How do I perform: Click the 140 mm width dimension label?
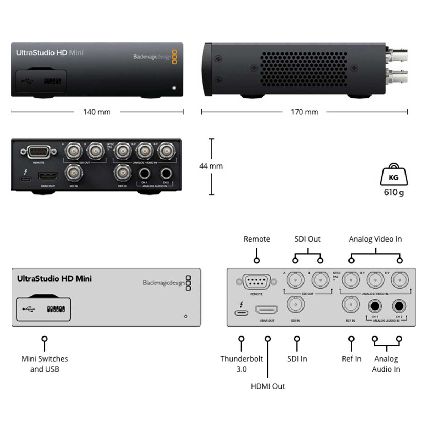click(x=97, y=112)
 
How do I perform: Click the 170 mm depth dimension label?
click(x=304, y=112)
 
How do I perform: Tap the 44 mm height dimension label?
click(x=211, y=166)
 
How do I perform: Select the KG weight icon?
click(x=393, y=175)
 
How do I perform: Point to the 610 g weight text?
click(x=393, y=192)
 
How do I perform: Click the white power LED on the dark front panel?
click(x=174, y=87)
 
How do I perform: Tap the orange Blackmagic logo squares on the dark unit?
click(x=174, y=57)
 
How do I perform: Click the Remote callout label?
click(x=256, y=239)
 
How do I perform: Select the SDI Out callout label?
click(x=307, y=239)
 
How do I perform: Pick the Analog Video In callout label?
click(x=375, y=239)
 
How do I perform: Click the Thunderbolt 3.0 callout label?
click(x=242, y=364)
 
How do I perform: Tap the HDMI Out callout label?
click(x=267, y=386)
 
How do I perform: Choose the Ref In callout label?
click(x=351, y=359)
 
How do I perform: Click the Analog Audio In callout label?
click(x=386, y=364)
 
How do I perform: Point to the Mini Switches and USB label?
click(x=45, y=364)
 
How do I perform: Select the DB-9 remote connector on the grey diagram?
click(x=256, y=282)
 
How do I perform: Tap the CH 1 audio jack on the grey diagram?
click(x=375, y=306)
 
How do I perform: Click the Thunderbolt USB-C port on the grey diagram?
click(x=242, y=313)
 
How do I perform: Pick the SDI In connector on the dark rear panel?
click(x=74, y=173)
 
